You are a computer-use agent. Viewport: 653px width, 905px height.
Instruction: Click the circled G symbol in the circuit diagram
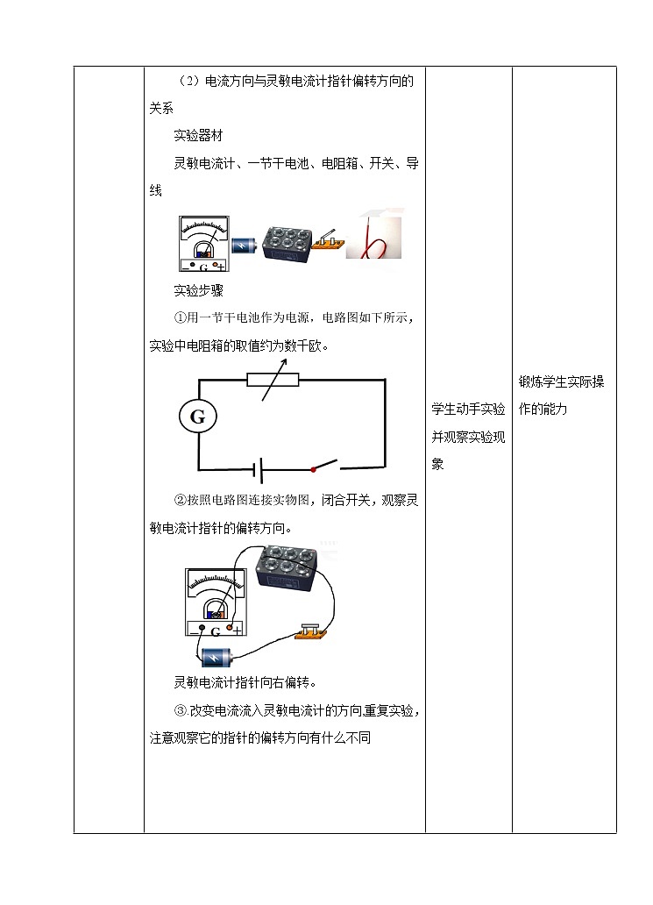click(x=197, y=417)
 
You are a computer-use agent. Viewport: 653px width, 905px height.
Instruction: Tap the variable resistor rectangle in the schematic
click(x=273, y=380)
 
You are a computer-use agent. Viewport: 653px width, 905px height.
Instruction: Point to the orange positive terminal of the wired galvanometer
click(x=230, y=627)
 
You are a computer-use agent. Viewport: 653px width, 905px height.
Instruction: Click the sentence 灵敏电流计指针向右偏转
click(x=245, y=682)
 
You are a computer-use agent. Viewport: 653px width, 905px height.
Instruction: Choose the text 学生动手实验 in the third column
click(x=468, y=409)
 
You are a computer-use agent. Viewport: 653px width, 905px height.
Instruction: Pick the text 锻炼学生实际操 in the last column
click(x=561, y=381)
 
